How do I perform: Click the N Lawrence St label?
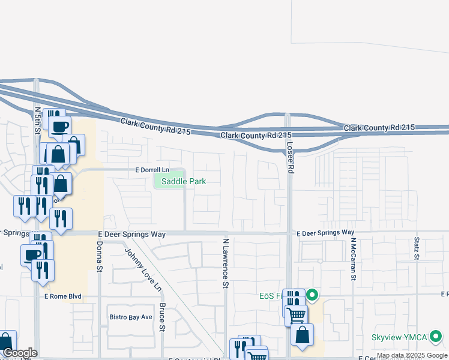[226, 263]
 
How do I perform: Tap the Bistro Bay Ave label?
[130, 316]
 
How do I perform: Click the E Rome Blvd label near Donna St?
[62, 296]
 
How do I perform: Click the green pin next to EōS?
[312, 295]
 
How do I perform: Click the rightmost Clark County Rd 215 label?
[379, 128]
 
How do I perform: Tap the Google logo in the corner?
[19, 353]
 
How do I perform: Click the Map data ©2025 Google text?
[412, 356]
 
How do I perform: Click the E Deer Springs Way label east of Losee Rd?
[325, 232]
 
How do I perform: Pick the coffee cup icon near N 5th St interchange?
[61, 127]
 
